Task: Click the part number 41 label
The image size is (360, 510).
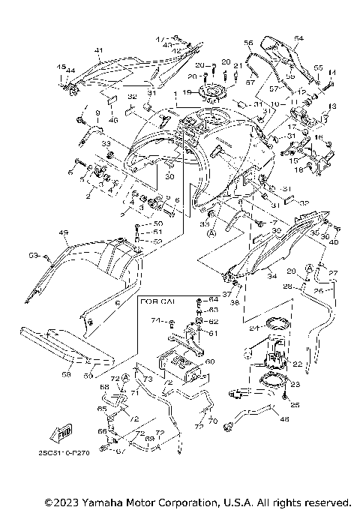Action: [98, 50]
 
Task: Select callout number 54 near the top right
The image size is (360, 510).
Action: [298, 37]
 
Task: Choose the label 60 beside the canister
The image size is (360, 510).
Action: [209, 361]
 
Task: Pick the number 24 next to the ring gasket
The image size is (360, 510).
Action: [253, 327]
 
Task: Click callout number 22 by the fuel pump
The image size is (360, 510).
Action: [296, 364]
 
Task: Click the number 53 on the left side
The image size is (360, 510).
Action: [33, 256]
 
